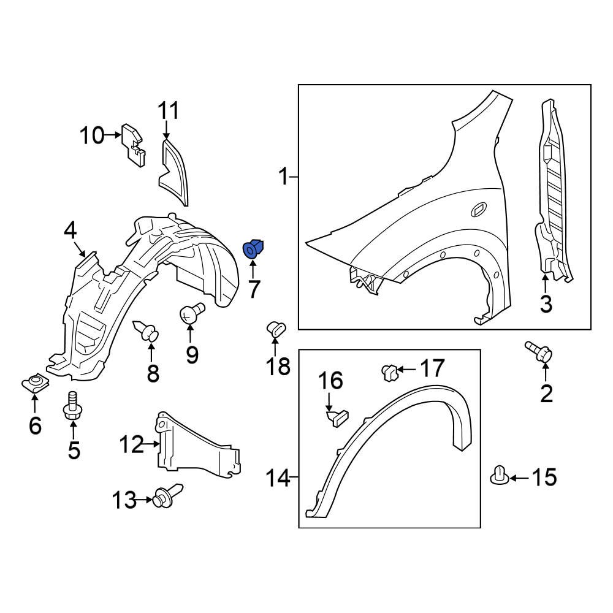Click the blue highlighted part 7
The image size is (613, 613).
253,249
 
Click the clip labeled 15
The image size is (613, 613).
500,475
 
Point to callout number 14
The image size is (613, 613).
278,477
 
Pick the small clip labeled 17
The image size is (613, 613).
387,371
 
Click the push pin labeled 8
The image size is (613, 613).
147,332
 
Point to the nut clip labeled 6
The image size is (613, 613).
35,384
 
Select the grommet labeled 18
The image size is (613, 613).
275,328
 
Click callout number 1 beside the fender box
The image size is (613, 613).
283,178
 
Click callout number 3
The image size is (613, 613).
546,303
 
